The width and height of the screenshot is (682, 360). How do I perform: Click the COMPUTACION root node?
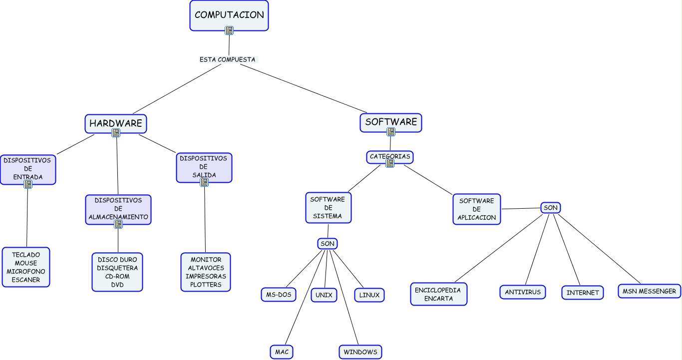click(229, 15)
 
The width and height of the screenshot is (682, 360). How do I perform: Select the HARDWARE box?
click(116, 123)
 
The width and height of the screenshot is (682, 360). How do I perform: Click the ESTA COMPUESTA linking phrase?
click(227, 59)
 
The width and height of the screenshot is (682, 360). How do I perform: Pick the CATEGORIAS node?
click(390, 157)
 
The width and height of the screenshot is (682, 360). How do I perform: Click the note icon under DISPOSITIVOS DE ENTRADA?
click(28, 184)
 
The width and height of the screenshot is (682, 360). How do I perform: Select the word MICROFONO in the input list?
click(26, 272)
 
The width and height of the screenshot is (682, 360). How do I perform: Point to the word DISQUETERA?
click(117, 268)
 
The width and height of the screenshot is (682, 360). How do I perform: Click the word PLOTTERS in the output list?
click(205, 285)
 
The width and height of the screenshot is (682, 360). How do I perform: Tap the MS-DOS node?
click(278, 295)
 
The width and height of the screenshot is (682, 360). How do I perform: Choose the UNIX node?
click(324, 295)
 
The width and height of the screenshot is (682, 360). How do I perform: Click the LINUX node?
click(369, 295)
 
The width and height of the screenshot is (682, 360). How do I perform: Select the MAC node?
click(282, 352)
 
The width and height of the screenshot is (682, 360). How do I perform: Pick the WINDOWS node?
click(360, 352)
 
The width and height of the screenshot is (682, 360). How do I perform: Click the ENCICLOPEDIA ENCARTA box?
click(439, 294)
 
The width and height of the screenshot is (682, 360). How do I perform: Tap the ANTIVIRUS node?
click(523, 292)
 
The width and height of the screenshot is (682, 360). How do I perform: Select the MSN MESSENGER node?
click(649, 291)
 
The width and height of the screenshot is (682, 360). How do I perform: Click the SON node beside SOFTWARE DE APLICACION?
click(550, 208)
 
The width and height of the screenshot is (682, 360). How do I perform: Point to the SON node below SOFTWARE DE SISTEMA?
click(327, 244)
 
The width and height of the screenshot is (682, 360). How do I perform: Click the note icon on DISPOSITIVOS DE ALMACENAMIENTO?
click(118, 224)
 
